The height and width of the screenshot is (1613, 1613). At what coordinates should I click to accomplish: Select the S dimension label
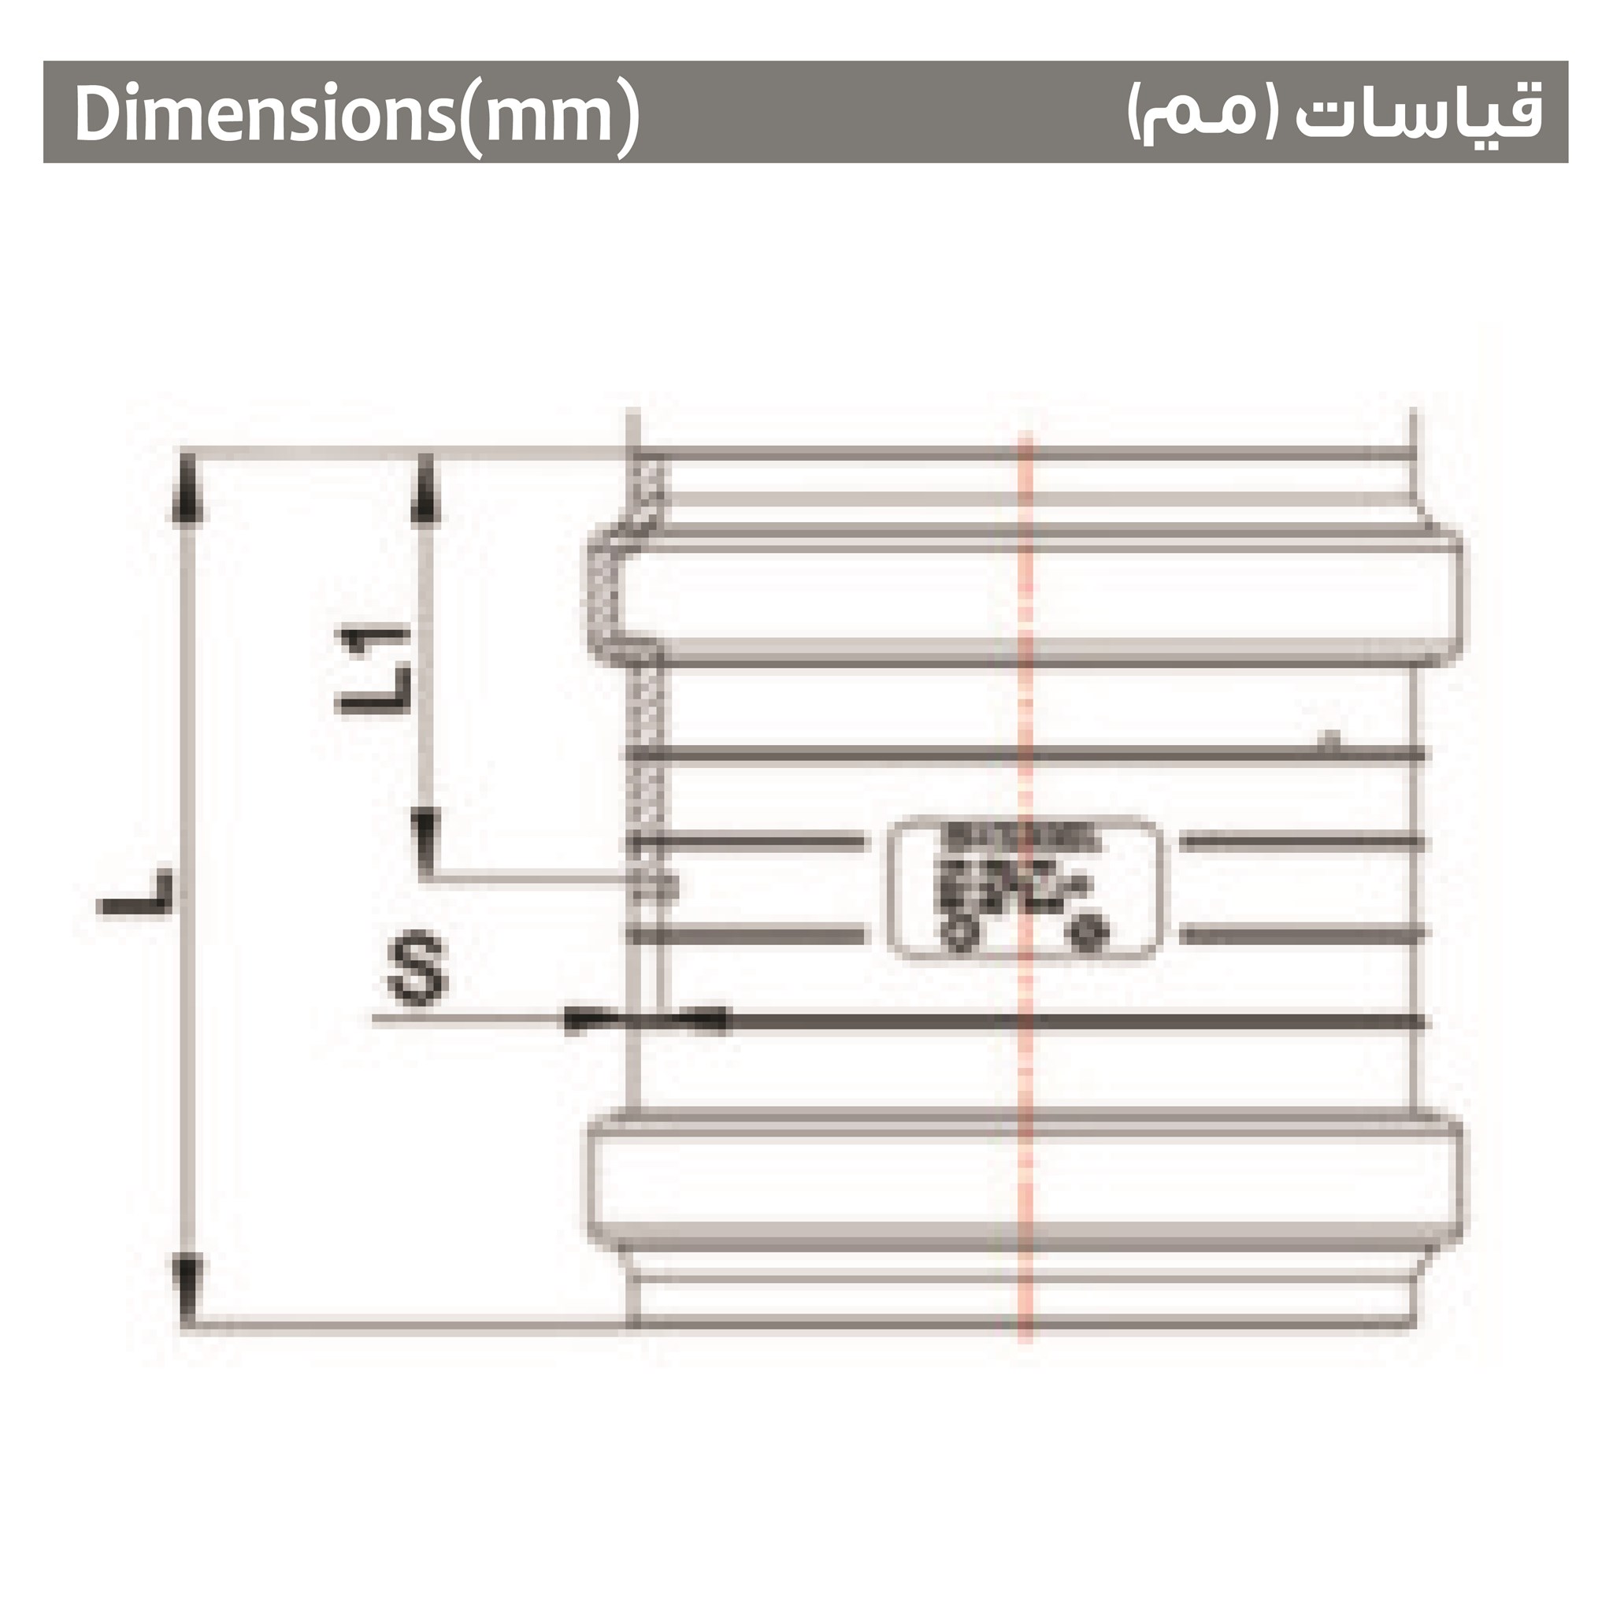tap(417, 972)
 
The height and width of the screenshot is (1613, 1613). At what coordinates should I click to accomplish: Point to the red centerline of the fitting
tap(1025, 1085)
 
